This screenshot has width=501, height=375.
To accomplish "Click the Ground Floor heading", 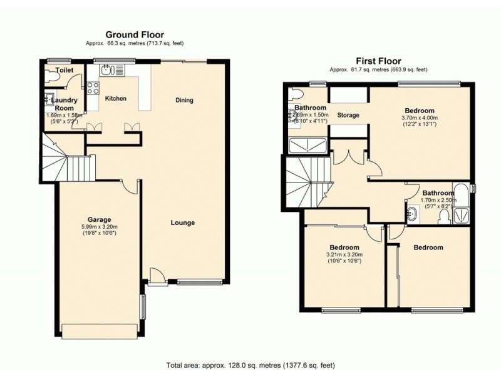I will pyautogui.click(x=135, y=34).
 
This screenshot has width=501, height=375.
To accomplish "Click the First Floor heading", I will pyautogui.click(x=378, y=61).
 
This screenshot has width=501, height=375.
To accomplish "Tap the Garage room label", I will pyautogui.click(x=99, y=219).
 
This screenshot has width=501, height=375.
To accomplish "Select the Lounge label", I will pyautogui.click(x=183, y=222).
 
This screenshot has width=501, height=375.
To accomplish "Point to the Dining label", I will pyautogui.click(x=184, y=100).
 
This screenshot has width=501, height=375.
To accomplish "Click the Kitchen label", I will pyautogui.click(x=115, y=99).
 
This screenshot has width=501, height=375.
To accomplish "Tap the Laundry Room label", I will pyautogui.click(x=64, y=104).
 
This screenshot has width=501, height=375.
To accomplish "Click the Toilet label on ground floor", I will pyautogui.click(x=63, y=71).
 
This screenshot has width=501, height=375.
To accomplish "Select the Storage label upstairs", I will pyautogui.click(x=348, y=116).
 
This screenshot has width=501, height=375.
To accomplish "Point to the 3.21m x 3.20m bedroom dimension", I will pyautogui.click(x=344, y=254).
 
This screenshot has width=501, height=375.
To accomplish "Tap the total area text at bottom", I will pyautogui.click(x=250, y=366).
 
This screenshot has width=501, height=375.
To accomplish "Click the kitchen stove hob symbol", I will pyautogui.click(x=93, y=88).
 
